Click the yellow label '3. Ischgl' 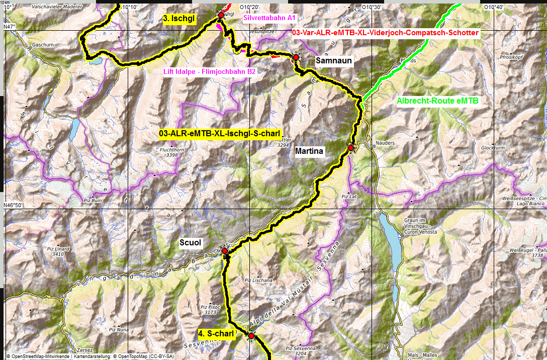click(179, 18)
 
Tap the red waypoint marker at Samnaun click(296, 58)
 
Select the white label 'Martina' click(309, 151)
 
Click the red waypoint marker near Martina click(351, 148)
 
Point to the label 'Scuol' click(191, 243)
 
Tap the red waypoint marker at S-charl click(251, 335)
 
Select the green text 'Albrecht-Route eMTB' click(438, 101)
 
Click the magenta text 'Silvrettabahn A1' click(269, 18)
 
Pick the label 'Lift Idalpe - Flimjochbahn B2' click(210, 72)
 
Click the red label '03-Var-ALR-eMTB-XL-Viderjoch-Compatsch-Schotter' click(386, 33)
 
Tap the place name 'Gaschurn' click(42, 44)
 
